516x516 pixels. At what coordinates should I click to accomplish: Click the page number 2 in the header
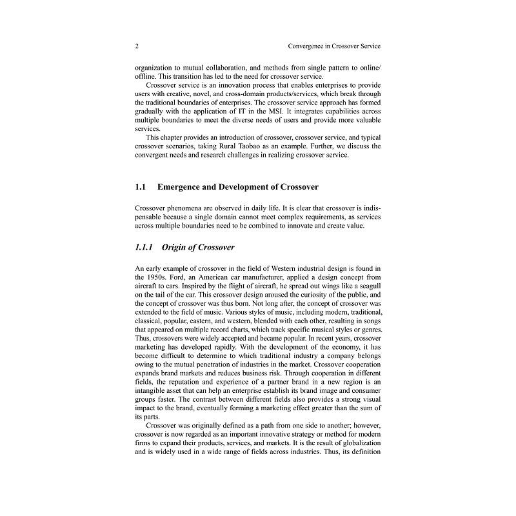137,46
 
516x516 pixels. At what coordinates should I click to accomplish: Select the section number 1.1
141,187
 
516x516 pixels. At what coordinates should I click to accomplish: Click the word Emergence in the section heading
183,187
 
